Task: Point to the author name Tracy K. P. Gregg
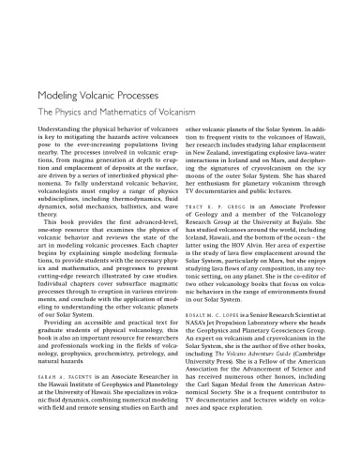[217, 230]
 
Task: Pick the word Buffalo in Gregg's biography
[313, 248]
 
